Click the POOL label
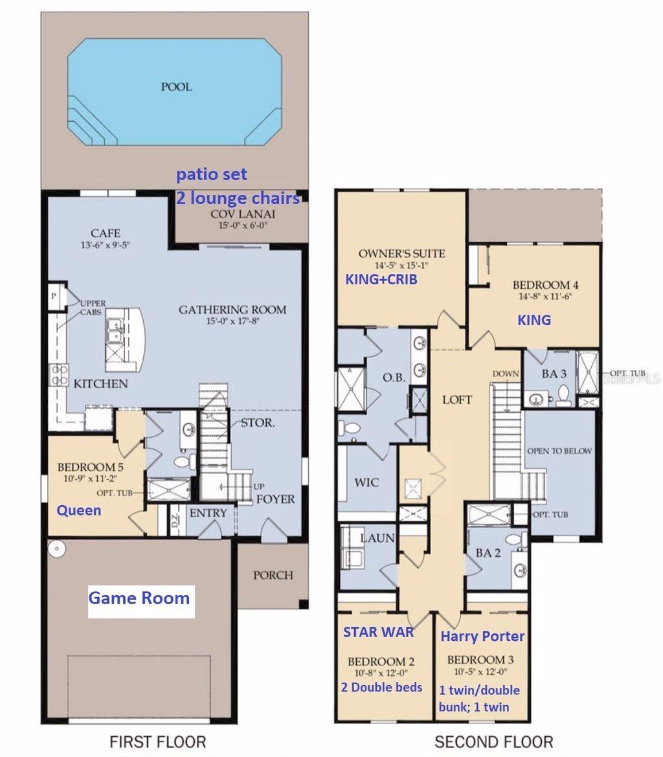[x=176, y=86]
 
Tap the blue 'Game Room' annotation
[x=139, y=598]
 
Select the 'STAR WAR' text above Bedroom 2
[x=378, y=632]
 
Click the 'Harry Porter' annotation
[x=482, y=637]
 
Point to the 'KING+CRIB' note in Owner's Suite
[x=380, y=280]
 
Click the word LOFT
[x=457, y=400]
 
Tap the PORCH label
[x=273, y=575]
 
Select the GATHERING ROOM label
[x=232, y=310]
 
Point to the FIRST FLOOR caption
[x=157, y=741]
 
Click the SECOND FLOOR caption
[x=493, y=741]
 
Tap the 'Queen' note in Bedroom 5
[x=79, y=510]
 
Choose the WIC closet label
[x=366, y=482]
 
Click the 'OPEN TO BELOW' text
[x=559, y=451]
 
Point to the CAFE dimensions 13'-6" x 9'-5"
[x=106, y=245]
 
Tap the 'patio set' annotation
[x=212, y=175]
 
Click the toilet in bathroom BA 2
[x=516, y=540]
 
